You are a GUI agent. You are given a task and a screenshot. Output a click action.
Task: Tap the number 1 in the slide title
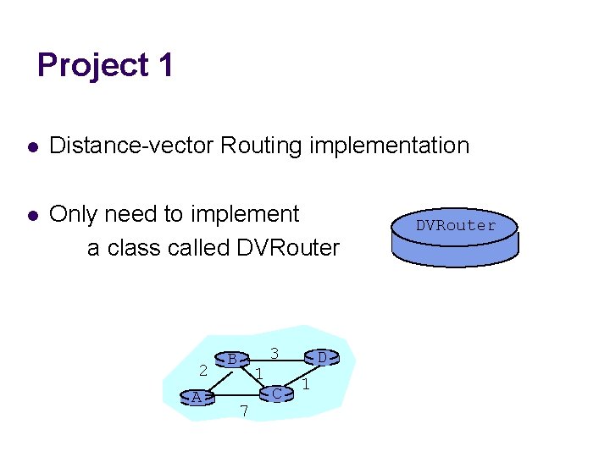(x=165, y=65)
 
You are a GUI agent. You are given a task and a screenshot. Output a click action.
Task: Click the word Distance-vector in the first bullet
(x=131, y=146)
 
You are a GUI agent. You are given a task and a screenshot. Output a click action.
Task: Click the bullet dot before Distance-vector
(x=31, y=147)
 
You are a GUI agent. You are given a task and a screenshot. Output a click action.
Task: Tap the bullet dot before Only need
(x=31, y=216)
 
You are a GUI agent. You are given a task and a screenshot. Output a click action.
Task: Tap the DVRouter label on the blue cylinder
(x=455, y=225)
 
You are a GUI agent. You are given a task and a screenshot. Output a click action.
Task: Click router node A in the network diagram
(x=197, y=398)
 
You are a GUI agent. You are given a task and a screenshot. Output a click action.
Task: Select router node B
(x=231, y=360)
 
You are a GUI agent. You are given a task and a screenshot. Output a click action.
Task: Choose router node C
(x=276, y=394)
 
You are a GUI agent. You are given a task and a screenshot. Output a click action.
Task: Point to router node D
(x=322, y=358)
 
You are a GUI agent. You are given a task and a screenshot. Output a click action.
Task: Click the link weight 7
(x=243, y=411)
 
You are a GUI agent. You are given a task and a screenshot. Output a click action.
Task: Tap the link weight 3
(x=274, y=352)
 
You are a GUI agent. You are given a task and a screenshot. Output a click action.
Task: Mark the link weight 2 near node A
(x=202, y=370)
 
